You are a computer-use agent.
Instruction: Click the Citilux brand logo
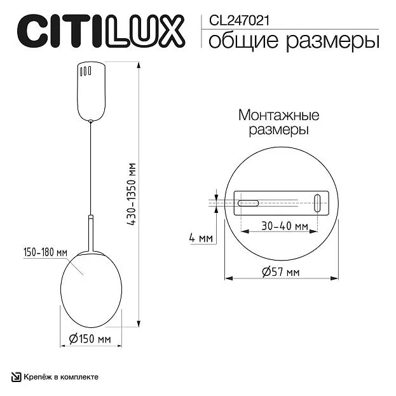point(101,31)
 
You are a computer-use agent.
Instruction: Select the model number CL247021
point(239,20)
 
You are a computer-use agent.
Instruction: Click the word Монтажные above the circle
point(279,115)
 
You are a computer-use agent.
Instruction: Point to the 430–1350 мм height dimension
point(132,194)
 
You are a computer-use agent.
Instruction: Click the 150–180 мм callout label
point(46,252)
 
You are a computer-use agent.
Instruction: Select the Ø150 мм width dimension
point(90,339)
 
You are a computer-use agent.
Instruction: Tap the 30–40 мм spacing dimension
point(285,226)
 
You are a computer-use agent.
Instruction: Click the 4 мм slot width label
point(201,238)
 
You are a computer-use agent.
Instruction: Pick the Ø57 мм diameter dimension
point(281,272)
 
